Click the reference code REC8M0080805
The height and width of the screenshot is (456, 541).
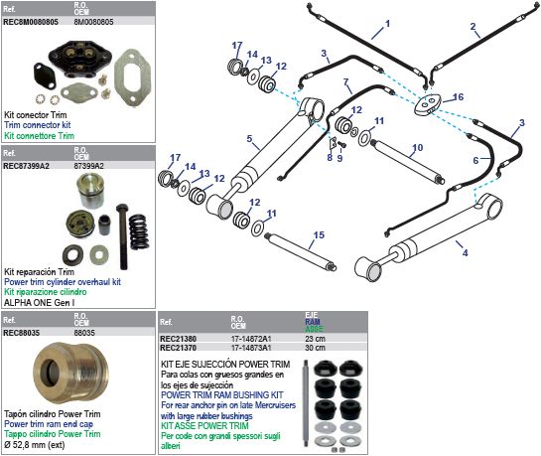click(31, 22)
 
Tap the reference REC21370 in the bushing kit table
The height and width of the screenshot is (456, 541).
click(178, 348)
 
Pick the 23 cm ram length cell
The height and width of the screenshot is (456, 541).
click(315, 339)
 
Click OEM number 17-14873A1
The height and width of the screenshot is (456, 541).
click(251, 348)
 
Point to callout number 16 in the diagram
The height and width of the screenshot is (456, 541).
click(459, 97)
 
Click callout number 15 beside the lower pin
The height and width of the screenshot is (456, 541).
click(319, 235)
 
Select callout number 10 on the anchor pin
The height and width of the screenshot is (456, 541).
click(418, 148)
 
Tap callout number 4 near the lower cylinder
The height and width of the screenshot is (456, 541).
click(466, 253)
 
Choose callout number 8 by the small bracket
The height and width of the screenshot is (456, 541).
click(330, 158)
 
